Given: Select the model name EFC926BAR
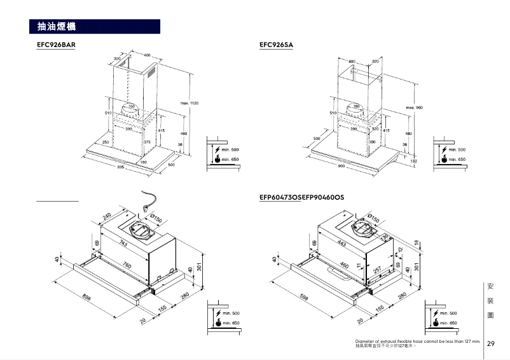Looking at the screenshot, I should (x=56, y=45).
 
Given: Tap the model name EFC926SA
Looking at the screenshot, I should (x=276, y=45).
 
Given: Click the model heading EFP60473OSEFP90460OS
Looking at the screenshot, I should (x=301, y=198).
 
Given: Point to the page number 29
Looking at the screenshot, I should (x=491, y=343).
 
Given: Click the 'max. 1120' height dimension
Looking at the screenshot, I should (x=190, y=103).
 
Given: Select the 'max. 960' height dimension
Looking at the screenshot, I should (x=415, y=107).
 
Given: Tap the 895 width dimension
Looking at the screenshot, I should (x=121, y=167).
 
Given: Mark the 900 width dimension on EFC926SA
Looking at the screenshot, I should (x=341, y=165).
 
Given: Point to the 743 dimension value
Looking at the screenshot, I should (x=122, y=246).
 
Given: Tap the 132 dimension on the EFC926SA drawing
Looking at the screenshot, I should (x=414, y=162).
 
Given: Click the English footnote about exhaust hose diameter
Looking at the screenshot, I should (x=418, y=342).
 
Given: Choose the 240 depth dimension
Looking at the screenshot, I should (x=107, y=218).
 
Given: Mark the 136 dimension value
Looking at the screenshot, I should (x=385, y=237).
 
